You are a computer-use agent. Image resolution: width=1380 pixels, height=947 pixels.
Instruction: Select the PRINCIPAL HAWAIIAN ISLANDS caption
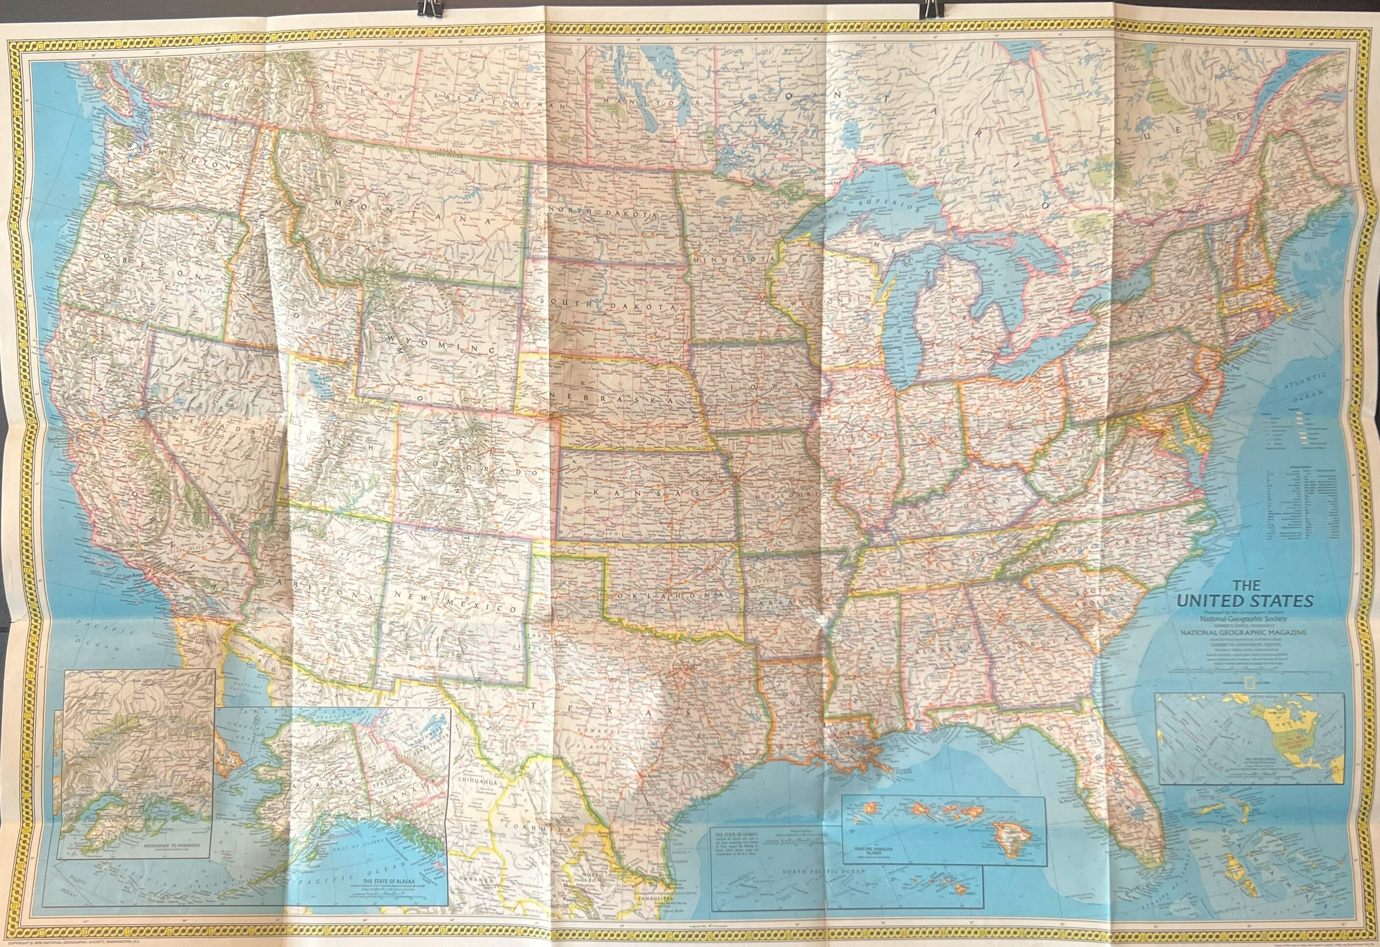883,849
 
